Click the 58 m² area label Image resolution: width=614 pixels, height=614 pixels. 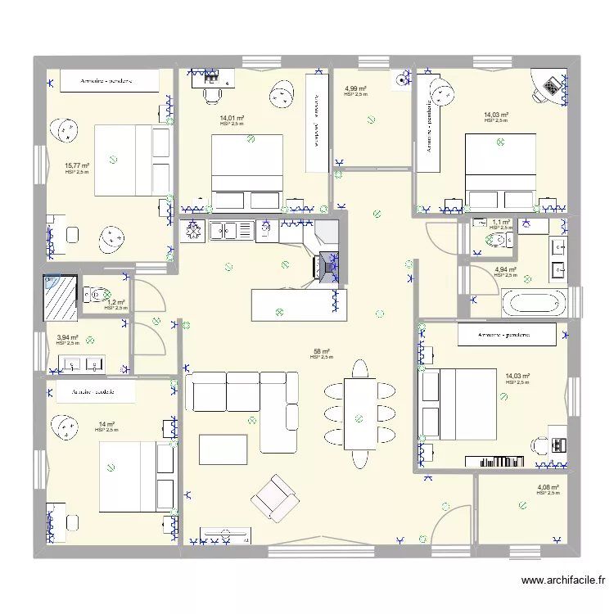[x=322, y=351]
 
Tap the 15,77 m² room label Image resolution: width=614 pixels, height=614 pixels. [x=77, y=165]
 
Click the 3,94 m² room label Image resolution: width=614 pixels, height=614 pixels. [x=67, y=337]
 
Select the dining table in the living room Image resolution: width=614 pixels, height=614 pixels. [x=359, y=413]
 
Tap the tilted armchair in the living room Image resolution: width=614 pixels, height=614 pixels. [x=274, y=497]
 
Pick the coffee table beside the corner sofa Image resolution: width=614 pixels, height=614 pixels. [x=222, y=449]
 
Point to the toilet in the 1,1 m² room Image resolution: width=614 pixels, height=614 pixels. [x=494, y=239]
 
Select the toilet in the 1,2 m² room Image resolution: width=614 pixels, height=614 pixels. [x=97, y=293]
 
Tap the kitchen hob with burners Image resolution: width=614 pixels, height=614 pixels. [x=194, y=231]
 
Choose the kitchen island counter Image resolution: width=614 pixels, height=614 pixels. [x=298, y=304]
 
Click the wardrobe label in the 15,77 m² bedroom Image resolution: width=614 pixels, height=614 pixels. [x=106, y=81]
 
